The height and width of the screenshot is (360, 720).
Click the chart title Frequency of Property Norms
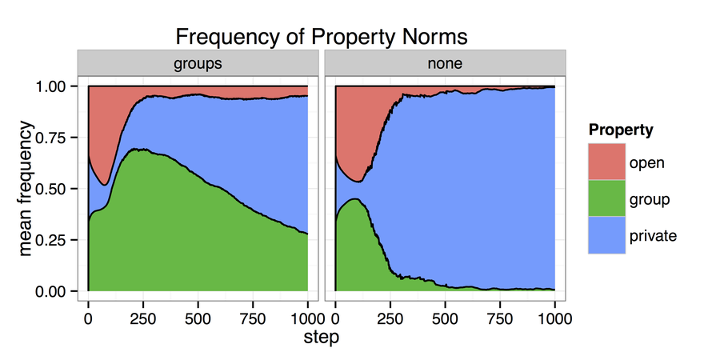pyautogui.click(x=321, y=37)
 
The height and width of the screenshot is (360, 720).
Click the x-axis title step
pyautogui.click(x=321, y=338)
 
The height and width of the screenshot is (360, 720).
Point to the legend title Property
pyautogui.click(x=620, y=130)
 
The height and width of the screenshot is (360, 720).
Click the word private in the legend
pyautogui.click(x=653, y=236)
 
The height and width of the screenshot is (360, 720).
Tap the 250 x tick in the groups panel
pyautogui.click(x=143, y=317)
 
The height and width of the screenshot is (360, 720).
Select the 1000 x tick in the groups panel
pyautogui.click(x=307, y=317)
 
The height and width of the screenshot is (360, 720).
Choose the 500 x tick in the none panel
pyautogui.click(x=445, y=317)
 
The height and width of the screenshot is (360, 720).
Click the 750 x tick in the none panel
pyautogui.click(x=500, y=317)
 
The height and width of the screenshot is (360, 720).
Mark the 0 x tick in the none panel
pyautogui.click(x=335, y=317)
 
